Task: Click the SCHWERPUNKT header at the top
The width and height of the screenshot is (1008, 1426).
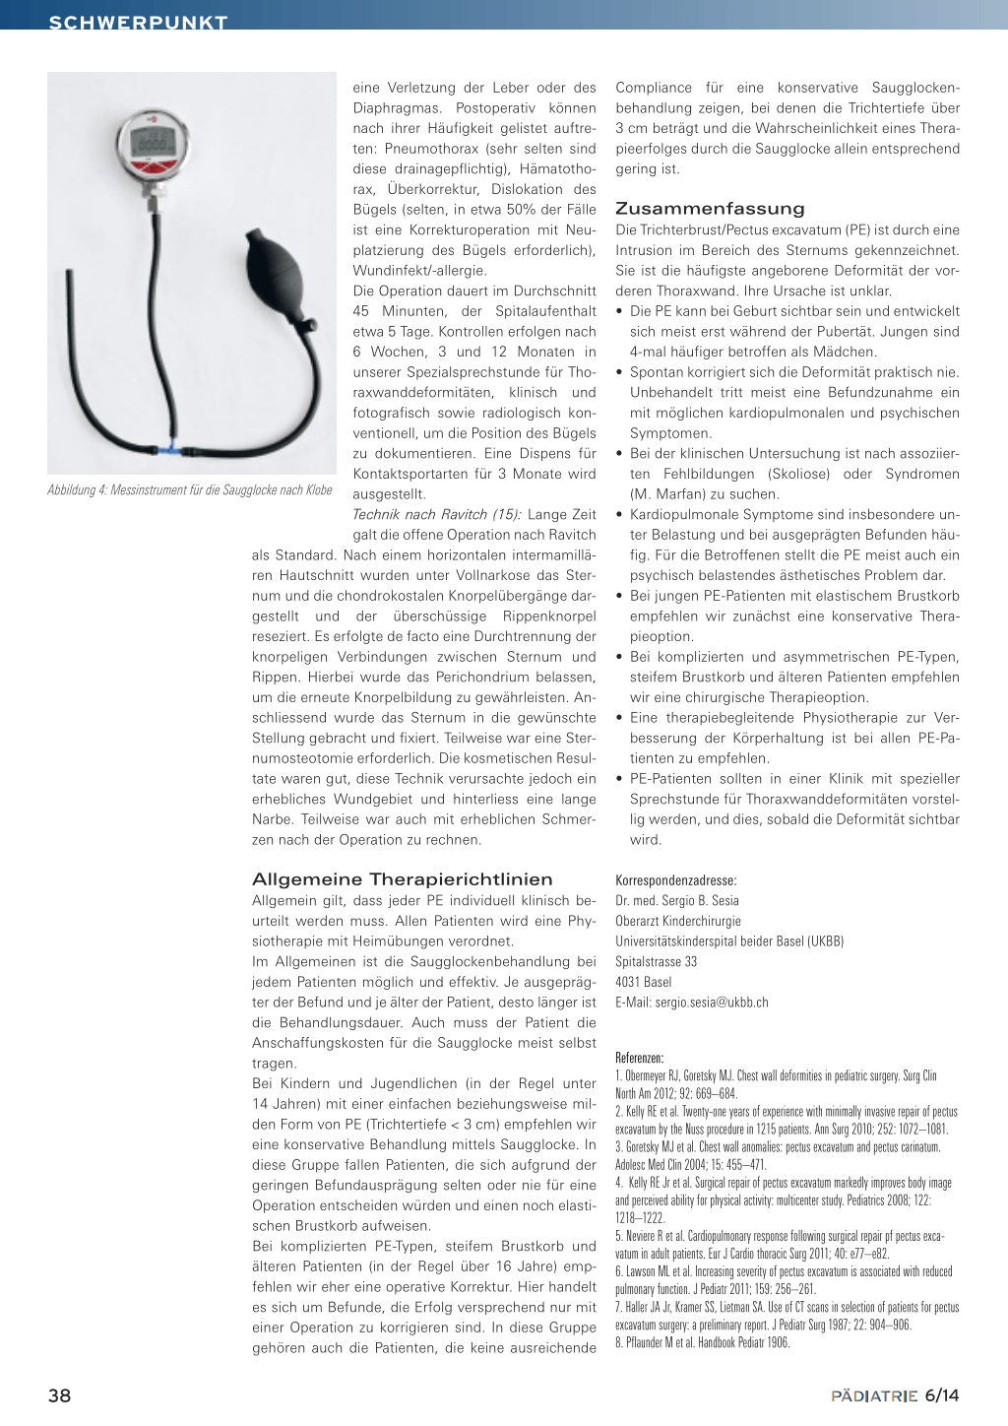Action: (x=138, y=21)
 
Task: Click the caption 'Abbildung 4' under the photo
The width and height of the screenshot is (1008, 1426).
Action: (x=190, y=490)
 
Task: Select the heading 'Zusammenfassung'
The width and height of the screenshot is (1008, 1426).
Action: (x=710, y=209)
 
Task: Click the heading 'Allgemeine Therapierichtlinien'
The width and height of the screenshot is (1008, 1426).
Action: (x=402, y=879)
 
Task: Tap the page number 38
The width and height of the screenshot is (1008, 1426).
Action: (x=59, y=1395)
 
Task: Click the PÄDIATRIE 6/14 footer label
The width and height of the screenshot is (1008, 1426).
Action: (x=894, y=1395)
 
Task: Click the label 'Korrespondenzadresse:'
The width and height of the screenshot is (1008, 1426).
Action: (x=675, y=880)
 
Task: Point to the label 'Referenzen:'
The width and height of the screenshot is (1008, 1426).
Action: (x=640, y=1058)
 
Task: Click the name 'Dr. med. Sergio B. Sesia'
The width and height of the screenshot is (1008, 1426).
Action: (x=677, y=901)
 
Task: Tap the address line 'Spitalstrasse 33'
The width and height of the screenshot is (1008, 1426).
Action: (x=656, y=962)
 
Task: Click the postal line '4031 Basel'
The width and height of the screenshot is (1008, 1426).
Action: (x=644, y=982)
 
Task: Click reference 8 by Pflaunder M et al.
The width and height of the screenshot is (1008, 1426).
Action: (x=702, y=1342)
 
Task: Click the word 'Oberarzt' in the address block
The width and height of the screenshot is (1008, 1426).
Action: (x=638, y=922)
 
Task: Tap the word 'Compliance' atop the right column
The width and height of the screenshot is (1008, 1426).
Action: (x=654, y=88)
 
